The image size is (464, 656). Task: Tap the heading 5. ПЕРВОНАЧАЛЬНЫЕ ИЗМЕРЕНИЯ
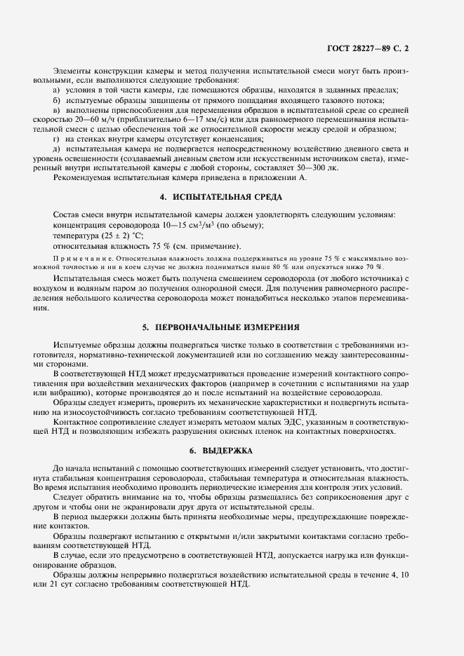click(x=231, y=327)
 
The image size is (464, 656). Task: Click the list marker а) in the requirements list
click(x=57, y=90)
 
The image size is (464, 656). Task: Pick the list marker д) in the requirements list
click(x=57, y=150)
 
